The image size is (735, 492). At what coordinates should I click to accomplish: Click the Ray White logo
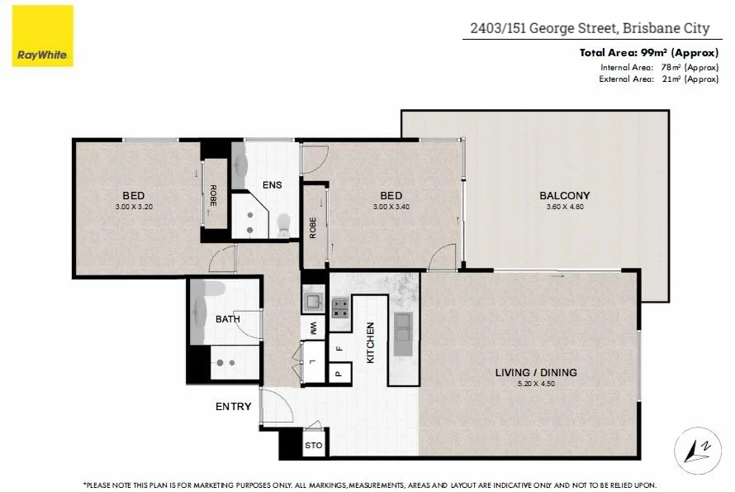coord(43,36)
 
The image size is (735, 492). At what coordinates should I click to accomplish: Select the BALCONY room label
coord(565,196)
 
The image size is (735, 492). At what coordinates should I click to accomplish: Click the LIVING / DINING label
coord(536,373)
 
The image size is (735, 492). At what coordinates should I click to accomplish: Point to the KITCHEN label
coord(371,343)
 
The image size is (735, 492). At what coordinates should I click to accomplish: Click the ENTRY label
coord(233,407)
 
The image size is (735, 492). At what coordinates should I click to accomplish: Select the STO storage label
coord(314,447)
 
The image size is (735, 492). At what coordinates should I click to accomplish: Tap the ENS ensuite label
coord(272,185)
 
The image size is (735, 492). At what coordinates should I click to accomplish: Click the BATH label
coord(227,319)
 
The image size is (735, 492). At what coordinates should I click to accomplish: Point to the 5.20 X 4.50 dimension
coord(536,384)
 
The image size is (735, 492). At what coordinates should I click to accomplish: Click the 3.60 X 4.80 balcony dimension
coord(565,207)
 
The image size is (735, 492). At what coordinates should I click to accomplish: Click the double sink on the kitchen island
coord(402,328)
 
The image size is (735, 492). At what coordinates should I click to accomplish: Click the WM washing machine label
coord(313,329)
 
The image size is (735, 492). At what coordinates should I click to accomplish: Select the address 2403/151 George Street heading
coord(590,28)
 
